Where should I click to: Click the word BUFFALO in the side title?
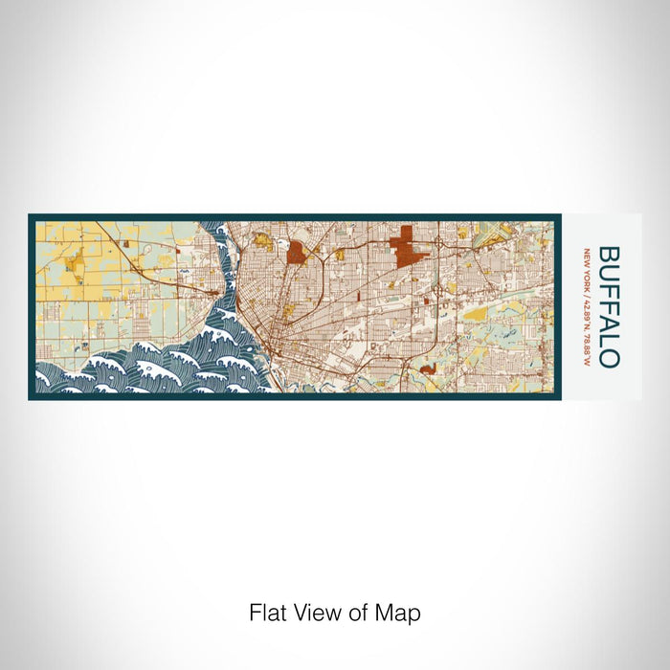pos(609,306)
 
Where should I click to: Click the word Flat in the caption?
pos(267,613)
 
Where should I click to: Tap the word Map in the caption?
pos(401,613)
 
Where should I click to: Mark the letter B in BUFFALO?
pos(609,254)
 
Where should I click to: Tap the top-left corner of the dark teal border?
pos(31,216)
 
